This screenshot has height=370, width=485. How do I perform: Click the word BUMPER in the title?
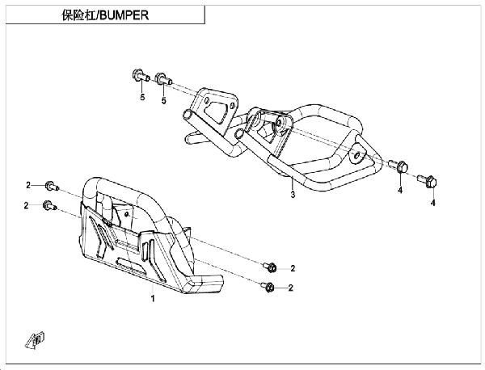pos(124,15)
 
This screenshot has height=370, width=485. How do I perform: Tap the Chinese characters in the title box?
pos(79,15)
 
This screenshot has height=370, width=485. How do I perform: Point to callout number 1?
pos(153,299)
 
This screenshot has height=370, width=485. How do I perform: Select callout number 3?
pos(293,195)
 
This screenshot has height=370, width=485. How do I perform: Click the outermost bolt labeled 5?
pos(141,75)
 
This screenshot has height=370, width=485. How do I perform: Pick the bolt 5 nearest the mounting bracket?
pos(163,78)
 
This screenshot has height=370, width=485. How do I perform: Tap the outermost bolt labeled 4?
pos(428,181)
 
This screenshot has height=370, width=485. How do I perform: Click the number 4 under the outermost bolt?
pos(432,203)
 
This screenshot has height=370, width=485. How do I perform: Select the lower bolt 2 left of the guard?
pos(49,205)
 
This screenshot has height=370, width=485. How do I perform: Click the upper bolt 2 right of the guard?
pos(270,267)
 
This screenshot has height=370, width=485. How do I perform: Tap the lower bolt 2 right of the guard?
pos(268,287)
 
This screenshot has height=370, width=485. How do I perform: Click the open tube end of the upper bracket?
pos(188,116)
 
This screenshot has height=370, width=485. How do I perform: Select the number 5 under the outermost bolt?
pos(142,97)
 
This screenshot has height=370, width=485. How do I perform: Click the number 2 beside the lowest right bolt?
pos(290,288)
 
